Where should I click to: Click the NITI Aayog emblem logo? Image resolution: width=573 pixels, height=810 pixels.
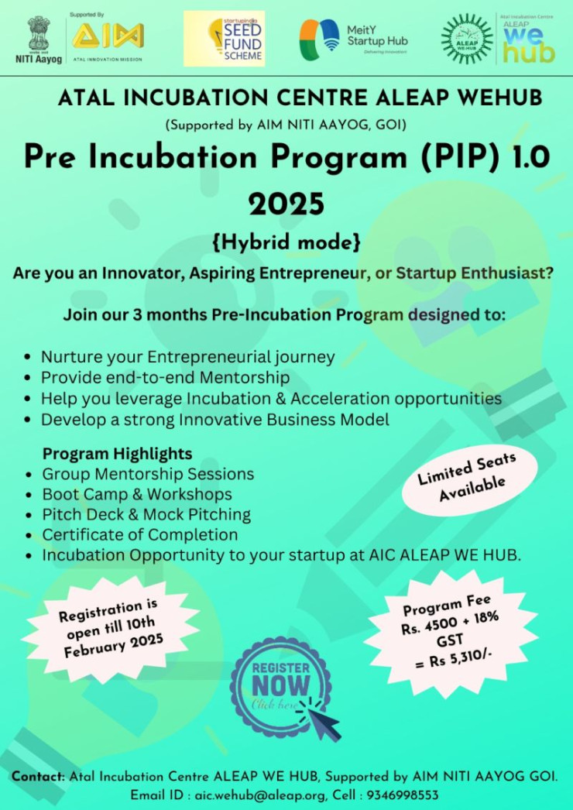tap(39, 39)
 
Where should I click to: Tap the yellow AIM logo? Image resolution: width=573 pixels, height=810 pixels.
tap(108, 36)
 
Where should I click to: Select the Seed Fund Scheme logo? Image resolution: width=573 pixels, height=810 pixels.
tap(225, 39)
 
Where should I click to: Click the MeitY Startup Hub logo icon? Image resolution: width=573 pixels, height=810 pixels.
tap(319, 39)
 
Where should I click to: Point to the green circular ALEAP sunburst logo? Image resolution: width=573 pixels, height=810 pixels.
tap(467, 39)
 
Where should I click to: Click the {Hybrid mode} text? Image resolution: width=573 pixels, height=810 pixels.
tap(286, 243)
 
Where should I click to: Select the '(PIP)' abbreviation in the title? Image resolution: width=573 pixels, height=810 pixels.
tap(455, 158)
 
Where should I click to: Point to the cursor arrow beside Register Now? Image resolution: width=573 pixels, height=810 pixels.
tap(319, 716)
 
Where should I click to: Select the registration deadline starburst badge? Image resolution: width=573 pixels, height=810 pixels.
tap(111, 629)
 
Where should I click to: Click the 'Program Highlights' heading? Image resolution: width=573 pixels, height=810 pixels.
tap(117, 454)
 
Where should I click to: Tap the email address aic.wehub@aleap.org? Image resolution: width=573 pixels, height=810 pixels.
tap(260, 795)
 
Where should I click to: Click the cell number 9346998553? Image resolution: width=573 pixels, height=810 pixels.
tap(403, 795)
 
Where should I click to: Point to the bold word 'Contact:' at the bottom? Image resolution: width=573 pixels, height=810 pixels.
tap(39, 777)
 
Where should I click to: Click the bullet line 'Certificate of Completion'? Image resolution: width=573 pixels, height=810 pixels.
tap(140, 534)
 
